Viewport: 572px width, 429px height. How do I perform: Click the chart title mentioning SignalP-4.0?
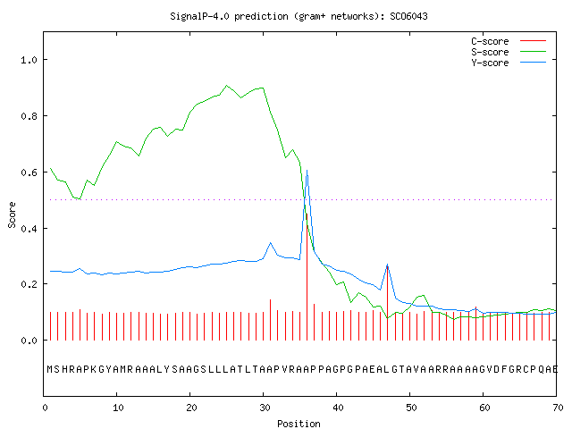tap(299, 16)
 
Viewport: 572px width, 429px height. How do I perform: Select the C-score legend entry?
tap(509, 41)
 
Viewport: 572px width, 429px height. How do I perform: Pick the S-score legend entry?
tap(509, 52)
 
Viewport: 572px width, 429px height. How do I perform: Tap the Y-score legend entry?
tap(509, 63)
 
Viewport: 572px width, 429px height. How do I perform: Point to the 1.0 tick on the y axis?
tap(29, 60)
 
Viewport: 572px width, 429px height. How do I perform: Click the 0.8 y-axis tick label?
tap(29, 116)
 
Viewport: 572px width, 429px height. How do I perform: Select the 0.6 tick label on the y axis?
tap(29, 172)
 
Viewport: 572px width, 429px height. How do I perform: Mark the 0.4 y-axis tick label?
tap(29, 229)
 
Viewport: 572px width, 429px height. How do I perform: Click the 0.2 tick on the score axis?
tap(29, 284)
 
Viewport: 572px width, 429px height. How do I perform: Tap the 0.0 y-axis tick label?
tap(29, 341)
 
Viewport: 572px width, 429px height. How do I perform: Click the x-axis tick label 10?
tap(118, 408)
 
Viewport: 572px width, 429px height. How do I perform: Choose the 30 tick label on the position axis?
tap(265, 408)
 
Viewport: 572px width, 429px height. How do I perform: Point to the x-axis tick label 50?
tap(411, 408)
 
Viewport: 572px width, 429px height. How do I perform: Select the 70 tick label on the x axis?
tap(558, 408)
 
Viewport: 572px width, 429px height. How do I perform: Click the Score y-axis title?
tap(12, 214)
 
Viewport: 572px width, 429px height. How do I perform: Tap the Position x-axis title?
tap(299, 424)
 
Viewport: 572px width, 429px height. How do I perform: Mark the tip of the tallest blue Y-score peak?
tap(307, 171)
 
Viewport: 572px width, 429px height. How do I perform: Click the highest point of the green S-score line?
tap(226, 86)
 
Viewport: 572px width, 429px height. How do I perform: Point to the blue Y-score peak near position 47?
tap(387, 265)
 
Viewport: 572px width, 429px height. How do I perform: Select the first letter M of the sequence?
tap(50, 369)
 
